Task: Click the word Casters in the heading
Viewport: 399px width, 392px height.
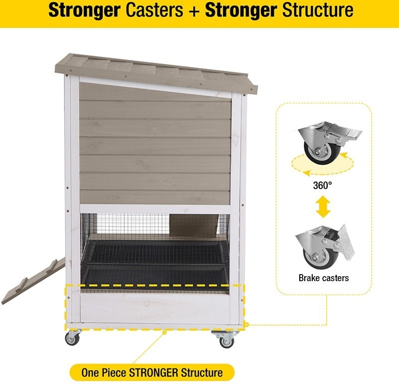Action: tap(154, 10)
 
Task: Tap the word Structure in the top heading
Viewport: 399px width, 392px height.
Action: tap(318, 10)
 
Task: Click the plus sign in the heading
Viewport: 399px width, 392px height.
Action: tap(194, 10)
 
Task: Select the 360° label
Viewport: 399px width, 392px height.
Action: tap(322, 185)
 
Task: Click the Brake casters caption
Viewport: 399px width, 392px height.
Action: tap(324, 278)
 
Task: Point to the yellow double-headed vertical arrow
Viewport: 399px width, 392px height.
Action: tap(323, 207)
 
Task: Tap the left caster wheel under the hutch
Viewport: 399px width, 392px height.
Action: tap(72, 339)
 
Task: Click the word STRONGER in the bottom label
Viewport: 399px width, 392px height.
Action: tap(154, 373)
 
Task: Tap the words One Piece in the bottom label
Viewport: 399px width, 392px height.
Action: tap(104, 373)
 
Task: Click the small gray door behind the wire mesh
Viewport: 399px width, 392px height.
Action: tap(194, 225)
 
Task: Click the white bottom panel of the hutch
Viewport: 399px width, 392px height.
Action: tap(155, 309)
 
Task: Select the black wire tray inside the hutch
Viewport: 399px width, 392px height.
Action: tap(155, 265)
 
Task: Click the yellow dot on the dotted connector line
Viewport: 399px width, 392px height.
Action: tap(246, 325)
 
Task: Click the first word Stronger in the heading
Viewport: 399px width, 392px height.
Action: tap(84, 10)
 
